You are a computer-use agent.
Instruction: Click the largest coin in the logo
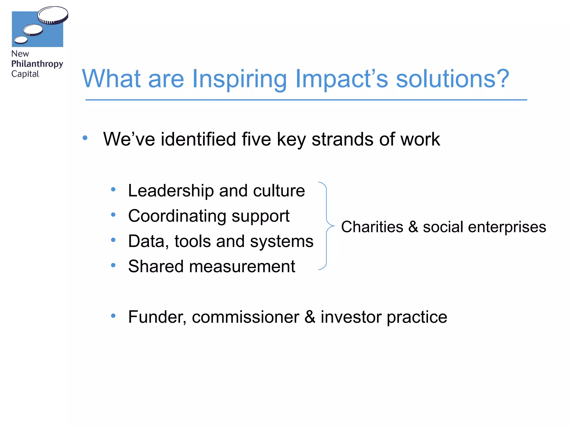pos(53,15)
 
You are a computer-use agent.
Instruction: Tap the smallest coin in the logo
pos(21,40)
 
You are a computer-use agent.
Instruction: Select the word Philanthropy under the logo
pos(37,64)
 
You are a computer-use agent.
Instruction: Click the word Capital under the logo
pos(25,74)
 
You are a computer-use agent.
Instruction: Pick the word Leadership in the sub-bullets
pos(171,191)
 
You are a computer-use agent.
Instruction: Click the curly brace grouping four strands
pos(326,226)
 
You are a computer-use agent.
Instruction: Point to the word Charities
pos(372,227)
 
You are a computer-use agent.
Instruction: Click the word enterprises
pos(507,227)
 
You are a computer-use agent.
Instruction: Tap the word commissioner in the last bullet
pos(245,317)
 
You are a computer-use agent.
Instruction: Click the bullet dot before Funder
pos(113,316)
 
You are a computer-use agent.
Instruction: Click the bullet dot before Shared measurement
pos(113,265)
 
